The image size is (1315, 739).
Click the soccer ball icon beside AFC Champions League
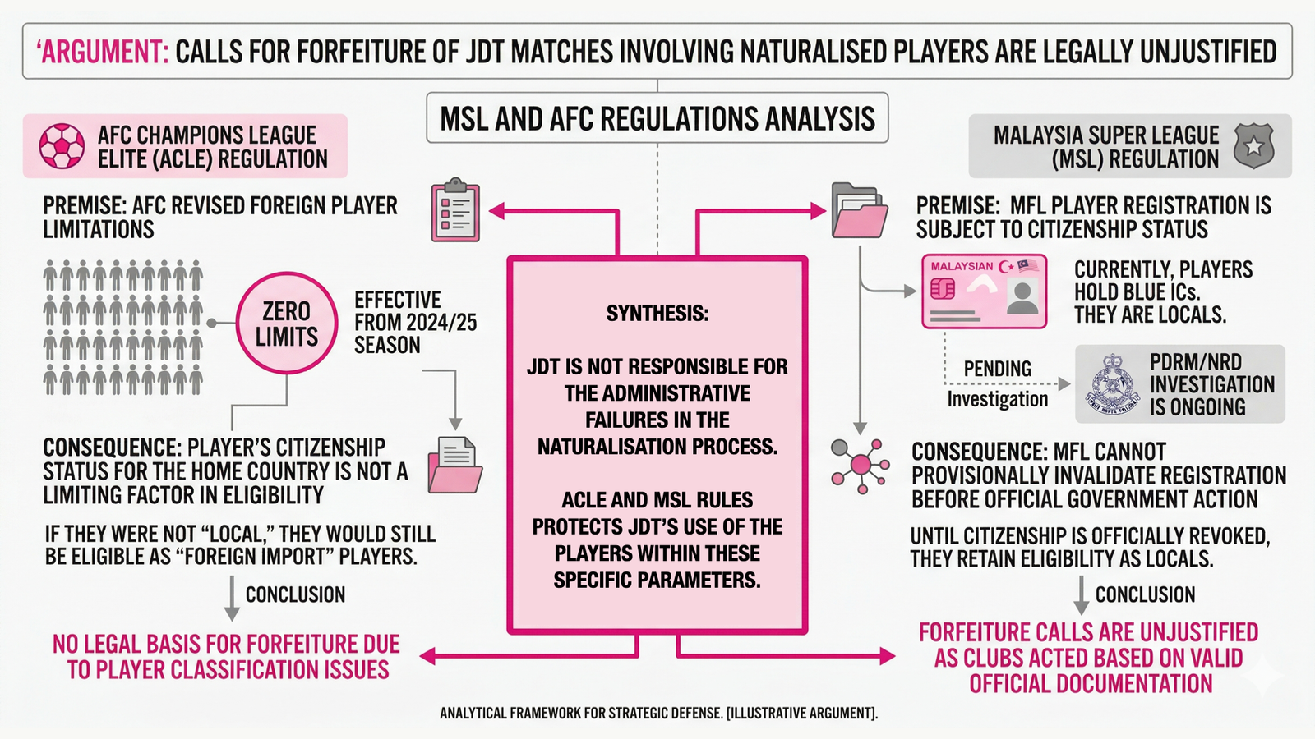tap(62, 146)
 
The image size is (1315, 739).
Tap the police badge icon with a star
tap(1253, 146)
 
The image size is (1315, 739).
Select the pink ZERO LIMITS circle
tap(286, 324)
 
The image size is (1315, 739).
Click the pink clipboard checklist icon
tap(455, 211)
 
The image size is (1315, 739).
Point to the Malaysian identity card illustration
tap(984, 291)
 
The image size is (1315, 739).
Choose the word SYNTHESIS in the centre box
tap(657, 314)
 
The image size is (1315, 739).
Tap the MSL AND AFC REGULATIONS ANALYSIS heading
tap(657, 118)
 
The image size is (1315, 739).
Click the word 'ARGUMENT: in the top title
tap(102, 52)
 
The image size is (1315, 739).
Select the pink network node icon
tap(860, 465)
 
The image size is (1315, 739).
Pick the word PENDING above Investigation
tap(997, 369)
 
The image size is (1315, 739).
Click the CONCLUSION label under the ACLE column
tap(295, 594)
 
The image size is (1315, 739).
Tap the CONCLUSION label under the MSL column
tap(1145, 594)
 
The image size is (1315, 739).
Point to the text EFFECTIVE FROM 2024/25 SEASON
tap(415, 322)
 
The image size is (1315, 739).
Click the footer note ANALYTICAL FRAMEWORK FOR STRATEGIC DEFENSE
tap(658, 713)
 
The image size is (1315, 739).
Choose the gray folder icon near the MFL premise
tap(860, 211)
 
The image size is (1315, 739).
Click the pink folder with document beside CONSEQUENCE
tap(454, 465)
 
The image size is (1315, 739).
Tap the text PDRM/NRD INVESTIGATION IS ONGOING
tap(1211, 384)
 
